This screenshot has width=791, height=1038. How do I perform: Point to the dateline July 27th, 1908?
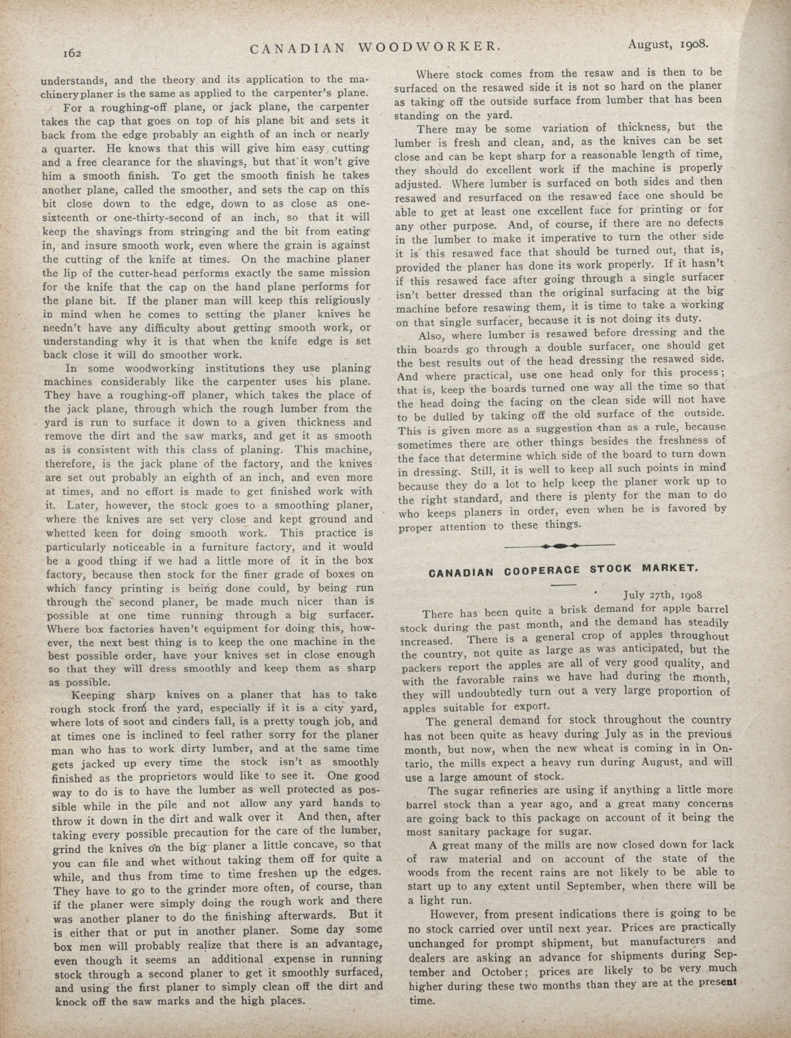click(x=663, y=595)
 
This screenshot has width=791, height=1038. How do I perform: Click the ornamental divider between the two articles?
click(x=559, y=546)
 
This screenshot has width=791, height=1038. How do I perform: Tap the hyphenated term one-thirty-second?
click(x=162, y=218)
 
